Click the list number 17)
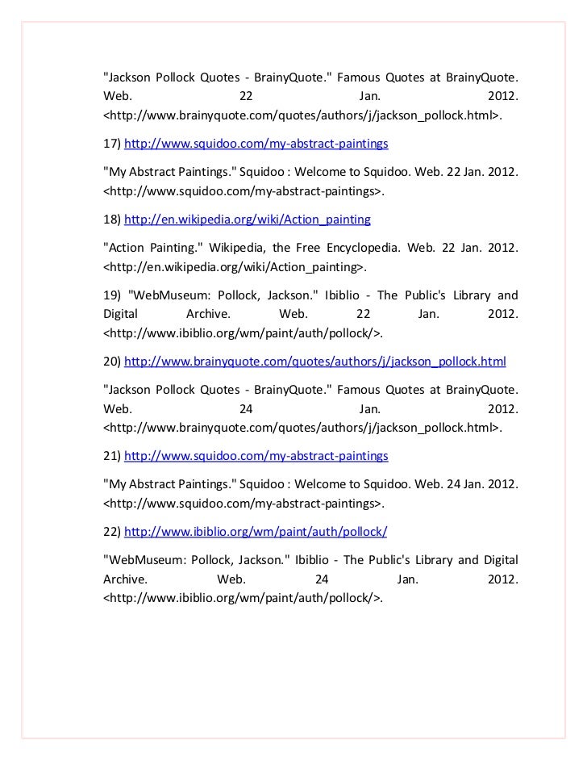click(112, 144)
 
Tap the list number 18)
click(112, 220)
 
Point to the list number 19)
click(112, 295)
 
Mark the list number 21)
click(112, 456)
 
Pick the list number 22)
click(112, 532)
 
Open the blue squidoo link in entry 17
click(256, 144)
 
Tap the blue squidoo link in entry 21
click(256, 456)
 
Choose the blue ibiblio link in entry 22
click(256, 532)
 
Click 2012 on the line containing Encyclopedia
click(502, 249)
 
